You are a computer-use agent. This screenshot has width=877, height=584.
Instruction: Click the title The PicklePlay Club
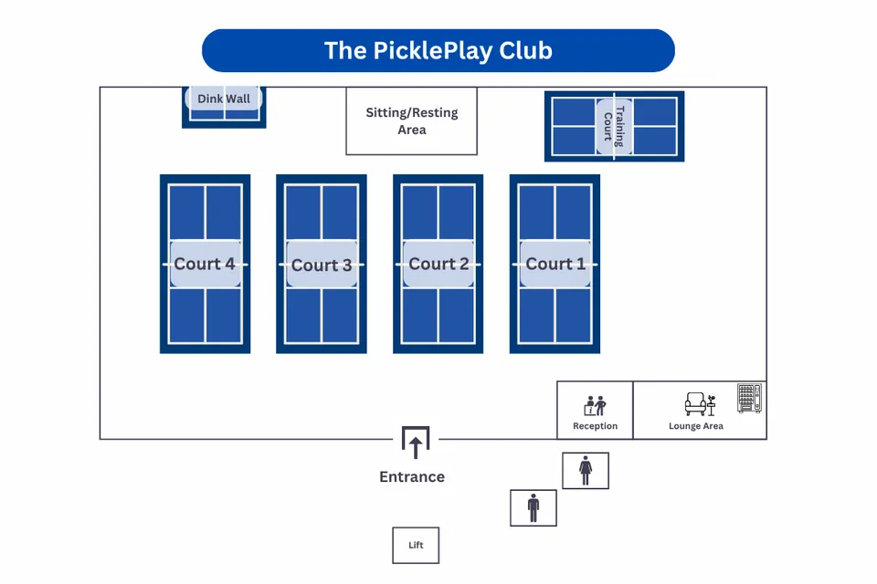pyautogui.click(x=438, y=50)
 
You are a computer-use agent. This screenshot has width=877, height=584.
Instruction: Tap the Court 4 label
pyautogui.click(x=205, y=264)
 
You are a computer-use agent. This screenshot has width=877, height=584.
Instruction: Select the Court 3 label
pyautogui.click(x=322, y=265)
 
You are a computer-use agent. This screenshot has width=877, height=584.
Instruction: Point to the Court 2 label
pyautogui.click(x=438, y=264)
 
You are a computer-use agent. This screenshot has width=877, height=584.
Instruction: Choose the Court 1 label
pyautogui.click(x=555, y=264)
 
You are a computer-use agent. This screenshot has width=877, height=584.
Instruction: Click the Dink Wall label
pyautogui.click(x=224, y=99)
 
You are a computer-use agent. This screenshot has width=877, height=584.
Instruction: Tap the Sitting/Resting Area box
pyautogui.click(x=412, y=121)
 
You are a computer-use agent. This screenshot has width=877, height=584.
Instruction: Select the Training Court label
pyautogui.click(x=614, y=127)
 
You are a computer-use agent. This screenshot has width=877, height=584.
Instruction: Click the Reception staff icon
pyautogui.click(x=596, y=405)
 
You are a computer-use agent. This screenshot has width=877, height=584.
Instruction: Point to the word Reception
pyautogui.click(x=595, y=426)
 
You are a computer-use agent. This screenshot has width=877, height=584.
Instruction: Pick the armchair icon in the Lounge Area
pyautogui.click(x=696, y=404)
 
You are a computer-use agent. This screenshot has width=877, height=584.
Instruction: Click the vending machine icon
pyautogui.click(x=749, y=399)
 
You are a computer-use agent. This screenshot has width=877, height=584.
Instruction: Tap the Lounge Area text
pyautogui.click(x=696, y=426)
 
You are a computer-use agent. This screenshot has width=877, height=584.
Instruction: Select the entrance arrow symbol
pyautogui.click(x=416, y=444)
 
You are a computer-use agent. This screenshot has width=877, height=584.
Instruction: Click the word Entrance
pyautogui.click(x=412, y=476)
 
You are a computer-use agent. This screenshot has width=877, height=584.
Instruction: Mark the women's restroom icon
pyautogui.click(x=586, y=471)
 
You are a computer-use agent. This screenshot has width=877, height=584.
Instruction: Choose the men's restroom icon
pyautogui.click(x=534, y=507)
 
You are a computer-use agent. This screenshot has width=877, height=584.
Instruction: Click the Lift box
pyautogui.click(x=416, y=545)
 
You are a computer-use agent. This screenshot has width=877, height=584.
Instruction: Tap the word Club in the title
pyautogui.click(x=525, y=50)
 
